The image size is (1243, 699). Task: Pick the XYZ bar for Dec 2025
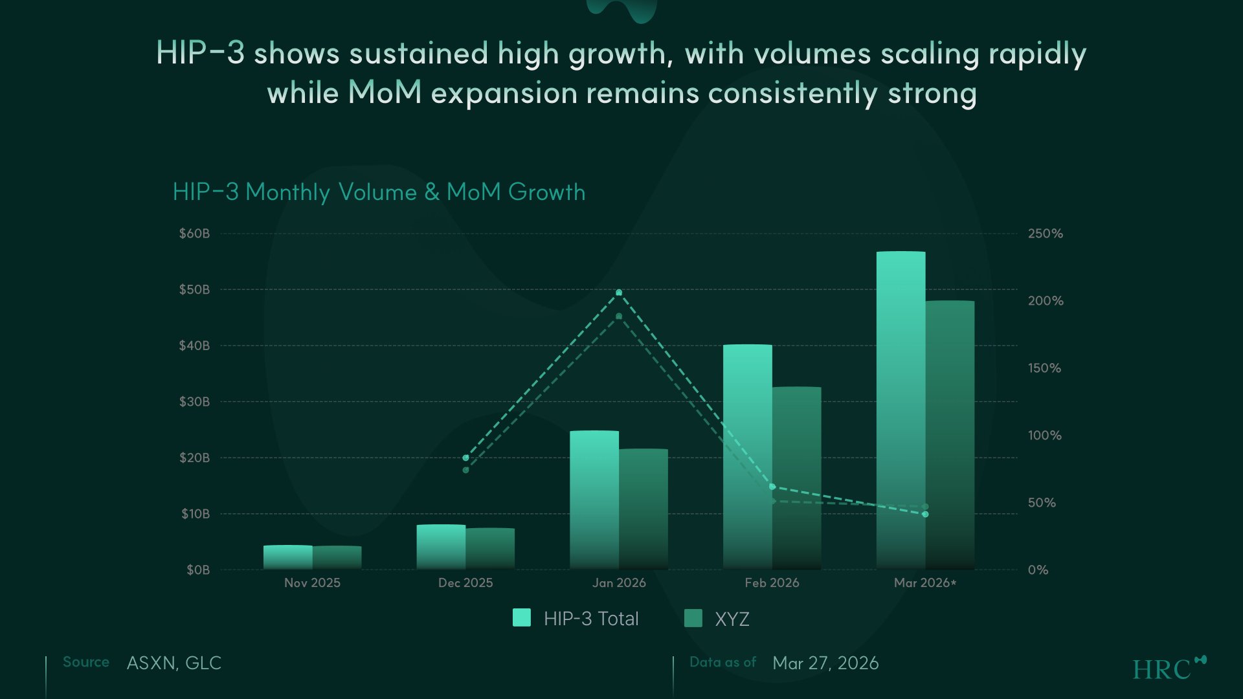click(490, 548)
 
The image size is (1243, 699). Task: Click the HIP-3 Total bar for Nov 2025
click(287, 557)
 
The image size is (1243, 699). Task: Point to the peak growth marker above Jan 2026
click(619, 293)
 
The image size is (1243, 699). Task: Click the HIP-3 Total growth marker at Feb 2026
click(772, 487)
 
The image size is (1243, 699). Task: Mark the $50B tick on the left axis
click(194, 289)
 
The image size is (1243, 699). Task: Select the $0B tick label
click(198, 570)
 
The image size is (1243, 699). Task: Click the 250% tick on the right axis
click(1045, 234)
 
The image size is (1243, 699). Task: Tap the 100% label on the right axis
click(1044, 436)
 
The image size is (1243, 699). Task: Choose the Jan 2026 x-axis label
click(619, 582)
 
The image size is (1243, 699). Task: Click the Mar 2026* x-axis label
click(924, 582)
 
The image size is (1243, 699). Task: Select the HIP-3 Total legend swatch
click(522, 617)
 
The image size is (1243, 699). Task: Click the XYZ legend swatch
click(693, 618)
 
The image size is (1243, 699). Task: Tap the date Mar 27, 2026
click(825, 663)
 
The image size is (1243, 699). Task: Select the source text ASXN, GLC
click(174, 663)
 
